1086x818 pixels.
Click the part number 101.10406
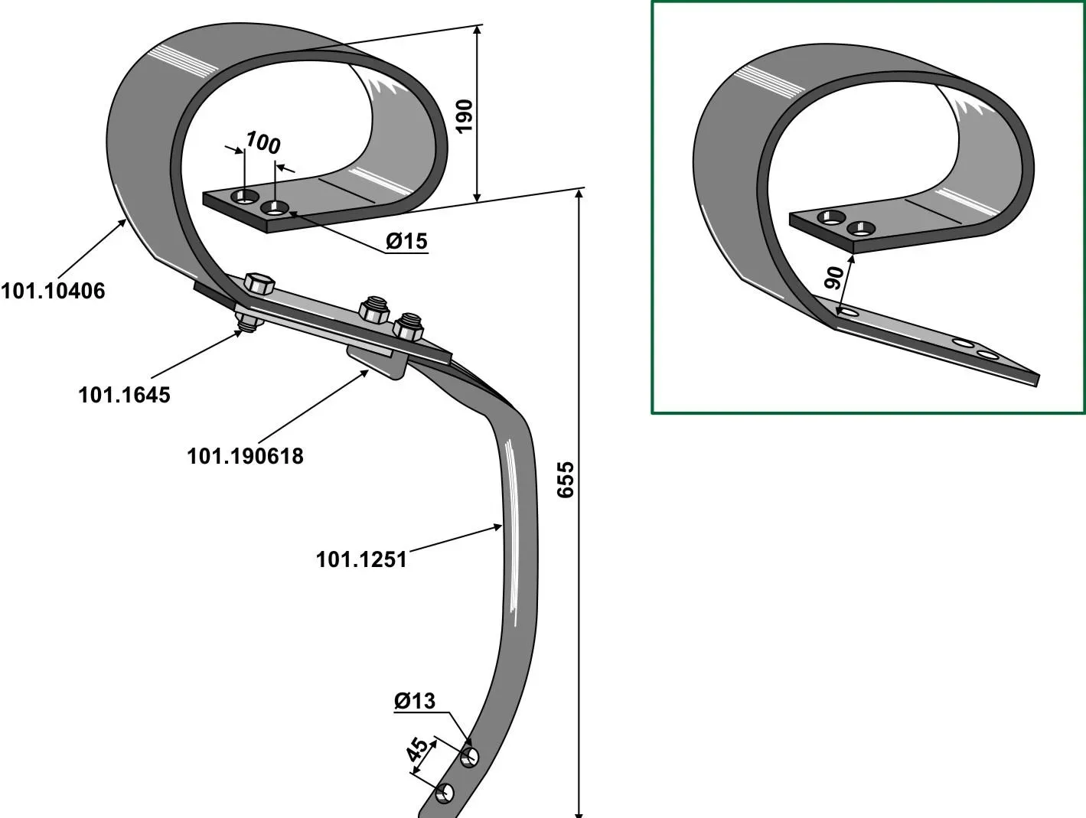[53, 291]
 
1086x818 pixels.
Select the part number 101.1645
[124, 395]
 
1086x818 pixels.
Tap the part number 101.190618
[245, 456]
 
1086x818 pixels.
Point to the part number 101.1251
[361, 559]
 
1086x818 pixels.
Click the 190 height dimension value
[464, 116]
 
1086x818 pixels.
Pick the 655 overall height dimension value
[566, 480]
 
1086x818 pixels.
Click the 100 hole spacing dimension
[263, 142]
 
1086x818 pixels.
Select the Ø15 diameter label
[406, 241]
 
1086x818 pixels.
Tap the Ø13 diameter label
[415, 701]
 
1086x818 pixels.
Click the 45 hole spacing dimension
[418, 749]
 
